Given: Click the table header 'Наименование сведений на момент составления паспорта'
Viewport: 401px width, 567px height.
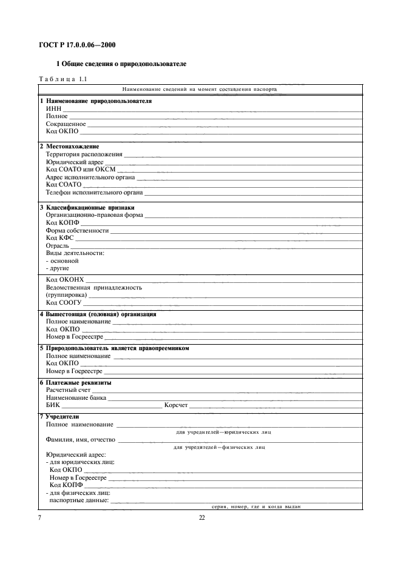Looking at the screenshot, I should pos(200,89).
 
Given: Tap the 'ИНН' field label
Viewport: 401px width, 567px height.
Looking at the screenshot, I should pos(53,108).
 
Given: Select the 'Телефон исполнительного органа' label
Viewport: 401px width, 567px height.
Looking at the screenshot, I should pos(94,193).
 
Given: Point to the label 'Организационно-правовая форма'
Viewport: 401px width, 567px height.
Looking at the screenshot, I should pos(95,216).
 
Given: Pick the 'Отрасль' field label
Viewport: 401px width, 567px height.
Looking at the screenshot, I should pos(58,246).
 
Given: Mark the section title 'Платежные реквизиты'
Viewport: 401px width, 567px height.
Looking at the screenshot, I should pos(79,383).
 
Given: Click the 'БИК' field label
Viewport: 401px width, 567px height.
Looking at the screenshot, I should pos(53,406).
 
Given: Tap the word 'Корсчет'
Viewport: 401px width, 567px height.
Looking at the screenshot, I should pos(176,406).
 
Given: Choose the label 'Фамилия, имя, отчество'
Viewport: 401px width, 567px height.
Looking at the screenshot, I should pos(81,440).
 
